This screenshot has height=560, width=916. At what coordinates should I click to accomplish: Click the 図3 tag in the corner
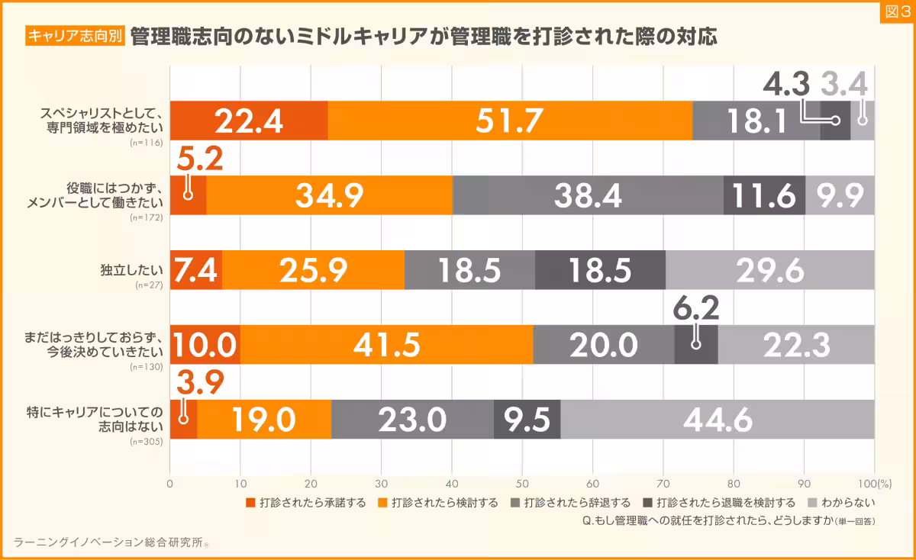897,11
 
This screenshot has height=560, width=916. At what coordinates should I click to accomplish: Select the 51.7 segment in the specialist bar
509,121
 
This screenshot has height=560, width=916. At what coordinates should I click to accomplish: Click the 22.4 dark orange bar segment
248,121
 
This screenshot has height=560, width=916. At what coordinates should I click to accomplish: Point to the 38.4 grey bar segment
588,195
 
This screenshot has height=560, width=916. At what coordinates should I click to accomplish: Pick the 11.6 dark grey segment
764,195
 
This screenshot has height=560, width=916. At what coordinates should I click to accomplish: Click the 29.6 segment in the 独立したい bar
769,270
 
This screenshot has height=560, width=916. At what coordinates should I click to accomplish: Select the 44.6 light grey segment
718,419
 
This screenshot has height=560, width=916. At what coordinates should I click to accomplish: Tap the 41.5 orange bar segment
386,345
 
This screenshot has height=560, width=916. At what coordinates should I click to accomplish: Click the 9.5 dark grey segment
527,419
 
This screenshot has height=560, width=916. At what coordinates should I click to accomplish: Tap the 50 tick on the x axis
522,483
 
